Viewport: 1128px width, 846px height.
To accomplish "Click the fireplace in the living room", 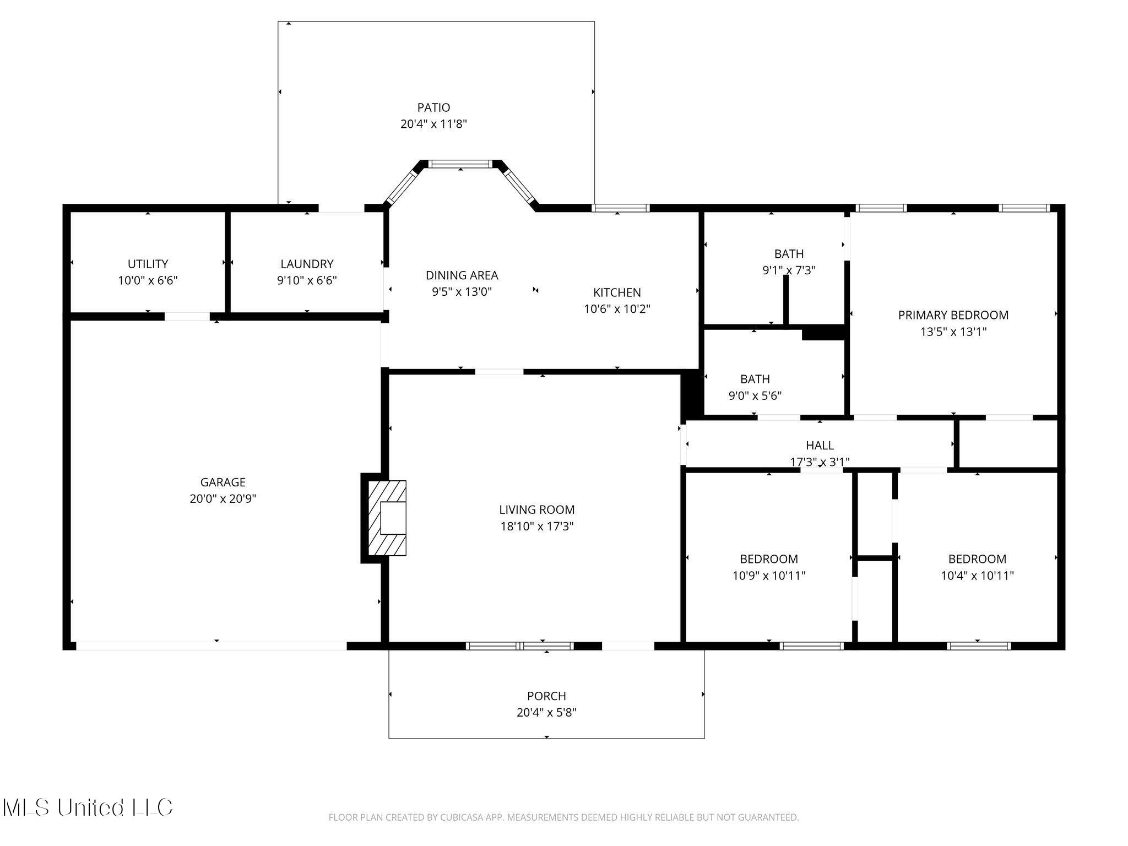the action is (x=387, y=518).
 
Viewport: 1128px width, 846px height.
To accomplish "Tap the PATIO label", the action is (x=433, y=107).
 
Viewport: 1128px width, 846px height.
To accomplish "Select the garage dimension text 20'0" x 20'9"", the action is (x=223, y=498).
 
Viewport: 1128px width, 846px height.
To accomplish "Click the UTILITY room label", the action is (x=148, y=264).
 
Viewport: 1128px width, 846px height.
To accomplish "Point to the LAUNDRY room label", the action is (x=307, y=264).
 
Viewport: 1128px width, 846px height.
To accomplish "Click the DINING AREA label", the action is (x=462, y=275).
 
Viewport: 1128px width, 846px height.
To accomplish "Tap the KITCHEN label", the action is (x=617, y=292).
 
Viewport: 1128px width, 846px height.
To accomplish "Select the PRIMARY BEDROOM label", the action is (x=953, y=315).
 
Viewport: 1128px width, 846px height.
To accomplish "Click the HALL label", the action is (x=820, y=445).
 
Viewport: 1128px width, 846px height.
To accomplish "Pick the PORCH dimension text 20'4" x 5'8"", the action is (x=546, y=712).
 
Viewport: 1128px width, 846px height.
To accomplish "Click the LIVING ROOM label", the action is (x=537, y=509).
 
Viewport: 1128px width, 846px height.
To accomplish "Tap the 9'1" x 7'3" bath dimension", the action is (x=789, y=270).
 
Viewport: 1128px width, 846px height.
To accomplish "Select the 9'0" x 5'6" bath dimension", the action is (x=755, y=395).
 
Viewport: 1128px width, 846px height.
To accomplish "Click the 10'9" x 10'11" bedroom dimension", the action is (x=769, y=576).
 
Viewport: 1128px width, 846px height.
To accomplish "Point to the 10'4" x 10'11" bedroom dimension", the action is (x=977, y=576).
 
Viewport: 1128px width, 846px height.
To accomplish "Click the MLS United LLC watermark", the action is (x=88, y=807).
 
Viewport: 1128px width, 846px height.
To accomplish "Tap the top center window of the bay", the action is (x=459, y=164).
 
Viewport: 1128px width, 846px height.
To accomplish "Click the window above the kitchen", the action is (x=621, y=208).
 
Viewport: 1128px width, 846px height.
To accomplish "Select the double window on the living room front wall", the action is (x=520, y=646).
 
